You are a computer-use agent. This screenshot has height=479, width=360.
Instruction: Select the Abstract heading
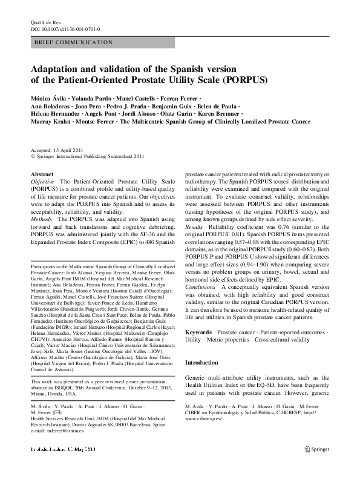[41, 174]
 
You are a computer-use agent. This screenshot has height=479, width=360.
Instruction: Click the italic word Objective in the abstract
[42, 182]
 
